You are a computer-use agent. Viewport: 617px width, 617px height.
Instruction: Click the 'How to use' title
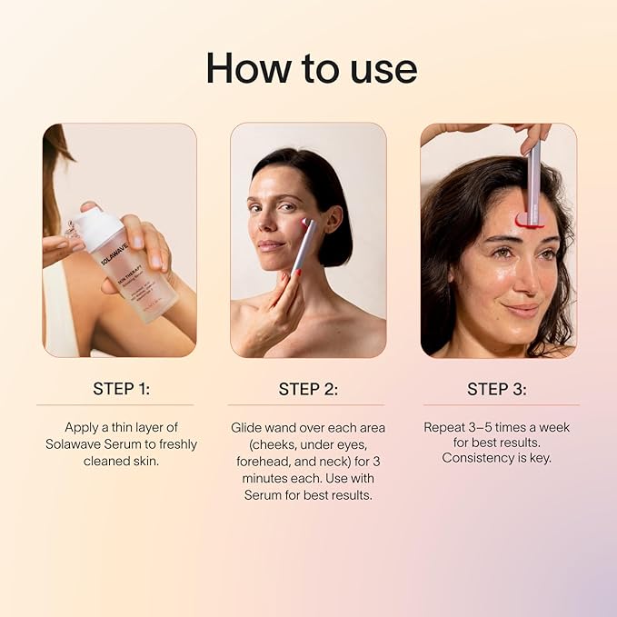pos(311,68)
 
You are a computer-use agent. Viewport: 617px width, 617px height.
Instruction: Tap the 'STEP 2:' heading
pos(307,389)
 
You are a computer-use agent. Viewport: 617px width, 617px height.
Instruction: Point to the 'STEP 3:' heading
pos(496,389)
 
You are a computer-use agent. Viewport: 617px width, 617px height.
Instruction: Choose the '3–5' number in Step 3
pos(489,427)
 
